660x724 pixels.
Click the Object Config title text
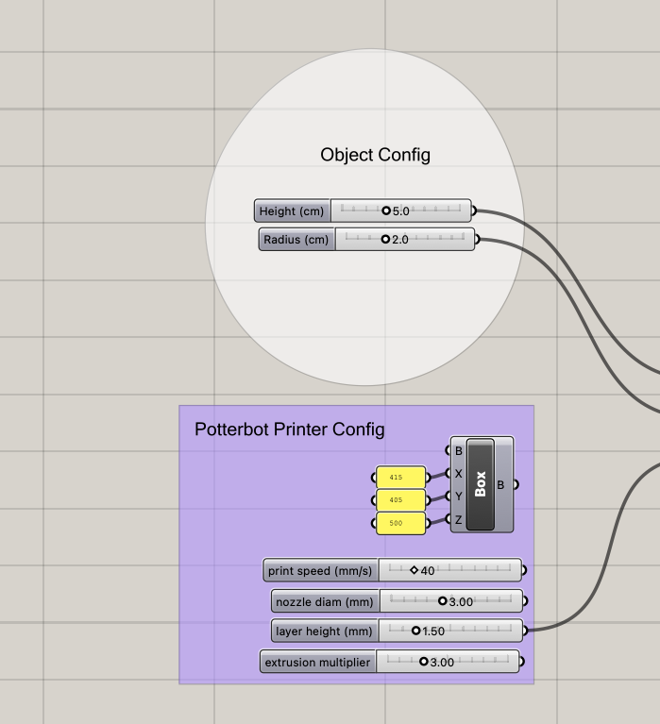click(375, 155)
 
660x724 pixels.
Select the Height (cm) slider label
click(292, 211)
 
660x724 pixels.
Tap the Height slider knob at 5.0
click(386, 210)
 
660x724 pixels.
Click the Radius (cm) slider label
click(296, 240)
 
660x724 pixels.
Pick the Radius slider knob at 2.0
click(385, 239)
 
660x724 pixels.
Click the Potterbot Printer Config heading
click(290, 429)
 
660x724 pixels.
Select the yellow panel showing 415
click(401, 478)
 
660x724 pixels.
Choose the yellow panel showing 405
click(401, 500)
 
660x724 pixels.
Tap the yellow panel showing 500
click(401, 523)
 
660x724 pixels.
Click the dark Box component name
click(481, 484)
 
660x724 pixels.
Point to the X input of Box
click(458, 474)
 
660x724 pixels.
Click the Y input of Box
click(458, 497)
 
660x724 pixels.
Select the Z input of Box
click(458, 520)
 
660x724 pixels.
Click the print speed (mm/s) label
click(320, 571)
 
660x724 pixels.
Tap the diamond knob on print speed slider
click(414, 570)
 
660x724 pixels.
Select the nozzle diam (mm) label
click(325, 602)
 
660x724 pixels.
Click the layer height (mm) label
click(324, 631)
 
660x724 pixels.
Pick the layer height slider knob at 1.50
click(415, 631)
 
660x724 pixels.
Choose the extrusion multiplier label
click(318, 663)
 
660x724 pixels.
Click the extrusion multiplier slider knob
click(424, 662)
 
